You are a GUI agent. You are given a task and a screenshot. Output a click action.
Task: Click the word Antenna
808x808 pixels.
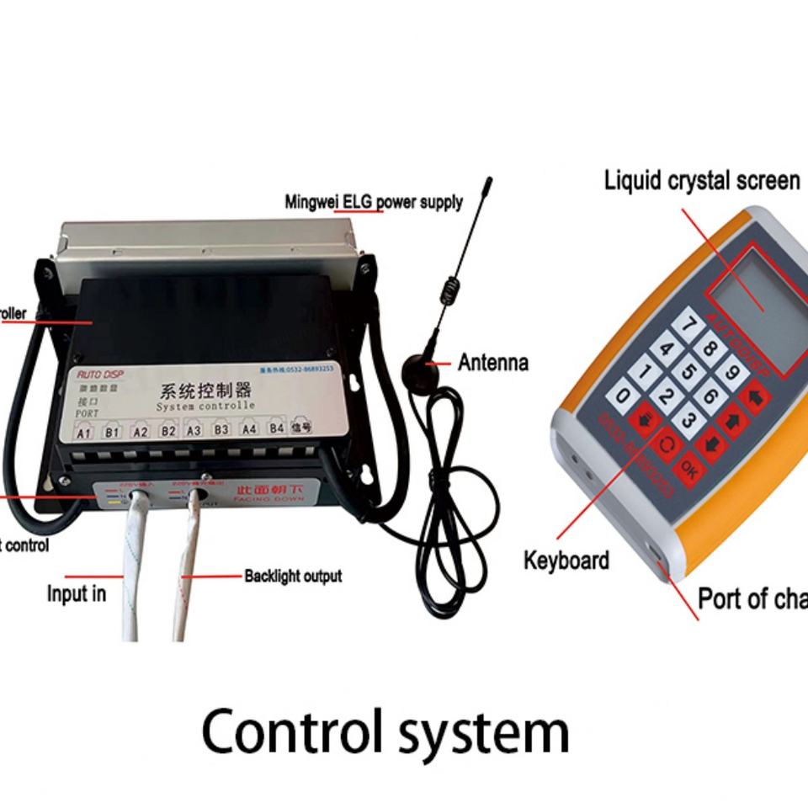tap(493, 363)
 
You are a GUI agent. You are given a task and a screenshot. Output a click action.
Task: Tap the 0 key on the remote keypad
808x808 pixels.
tap(624, 395)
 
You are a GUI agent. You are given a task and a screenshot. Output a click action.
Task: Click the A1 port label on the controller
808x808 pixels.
tap(84, 433)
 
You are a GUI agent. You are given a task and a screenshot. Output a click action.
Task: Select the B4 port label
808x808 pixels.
tap(276, 428)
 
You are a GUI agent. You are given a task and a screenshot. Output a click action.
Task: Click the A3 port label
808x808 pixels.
tap(194, 430)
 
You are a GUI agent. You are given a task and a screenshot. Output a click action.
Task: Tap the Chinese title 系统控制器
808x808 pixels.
tap(205, 393)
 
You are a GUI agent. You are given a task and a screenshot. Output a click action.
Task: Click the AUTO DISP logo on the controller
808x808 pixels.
tap(99, 374)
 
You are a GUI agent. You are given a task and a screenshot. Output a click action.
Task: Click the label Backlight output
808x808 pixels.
tap(293, 577)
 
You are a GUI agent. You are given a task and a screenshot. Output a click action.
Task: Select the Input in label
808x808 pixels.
tap(77, 593)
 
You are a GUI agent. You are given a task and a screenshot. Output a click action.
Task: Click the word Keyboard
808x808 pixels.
tap(566, 560)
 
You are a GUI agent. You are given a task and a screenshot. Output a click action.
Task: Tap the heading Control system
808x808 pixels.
tap(385, 731)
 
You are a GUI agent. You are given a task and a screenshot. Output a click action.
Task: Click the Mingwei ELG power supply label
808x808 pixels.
tap(374, 202)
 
